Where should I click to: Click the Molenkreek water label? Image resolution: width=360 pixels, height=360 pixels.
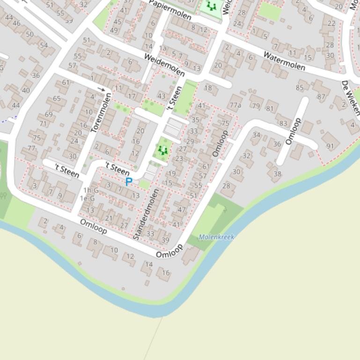pyautogui.click(x=216, y=237)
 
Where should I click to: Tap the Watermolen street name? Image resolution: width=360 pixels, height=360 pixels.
pyautogui.click(x=284, y=61)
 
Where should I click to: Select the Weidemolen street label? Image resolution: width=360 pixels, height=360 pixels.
pyautogui.click(x=164, y=65)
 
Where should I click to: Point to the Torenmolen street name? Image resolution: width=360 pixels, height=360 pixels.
pyautogui.click(x=102, y=113)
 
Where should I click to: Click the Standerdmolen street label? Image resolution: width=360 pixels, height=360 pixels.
pyautogui.click(x=146, y=214)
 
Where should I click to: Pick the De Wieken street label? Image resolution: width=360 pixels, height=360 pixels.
pyautogui.click(x=351, y=98)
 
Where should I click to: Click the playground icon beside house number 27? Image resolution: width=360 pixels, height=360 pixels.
pyautogui.click(x=163, y=150)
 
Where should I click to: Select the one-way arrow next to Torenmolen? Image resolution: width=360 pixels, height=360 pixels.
pyautogui.click(x=102, y=89)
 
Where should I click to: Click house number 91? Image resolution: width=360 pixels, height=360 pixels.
pyautogui.click(x=331, y=145)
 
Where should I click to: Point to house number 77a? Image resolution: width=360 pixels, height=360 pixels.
pyautogui.click(x=235, y=105)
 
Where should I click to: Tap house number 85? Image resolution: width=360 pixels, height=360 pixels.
pyautogui.click(x=300, y=87)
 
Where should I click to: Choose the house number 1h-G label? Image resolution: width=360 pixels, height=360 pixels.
pyautogui.click(x=91, y=190)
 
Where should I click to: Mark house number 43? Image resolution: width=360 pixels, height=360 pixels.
pyautogui.click(x=162, y=96)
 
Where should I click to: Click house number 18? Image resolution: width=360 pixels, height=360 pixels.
pyautogui.click(x=208, y=88)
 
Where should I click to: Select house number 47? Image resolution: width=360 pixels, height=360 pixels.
pyautogui.click(x=182, y=210)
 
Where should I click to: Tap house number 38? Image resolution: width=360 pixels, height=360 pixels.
pyautogui.click(x=277, y=174)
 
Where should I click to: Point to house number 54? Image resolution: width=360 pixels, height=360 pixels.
pyautogui.click(x=44, y=45)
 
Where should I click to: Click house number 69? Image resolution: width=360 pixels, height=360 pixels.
pyautogui.click(x=49, y=115)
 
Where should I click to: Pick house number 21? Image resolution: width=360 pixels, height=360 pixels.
pyautogui.click(x=109, y=218)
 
